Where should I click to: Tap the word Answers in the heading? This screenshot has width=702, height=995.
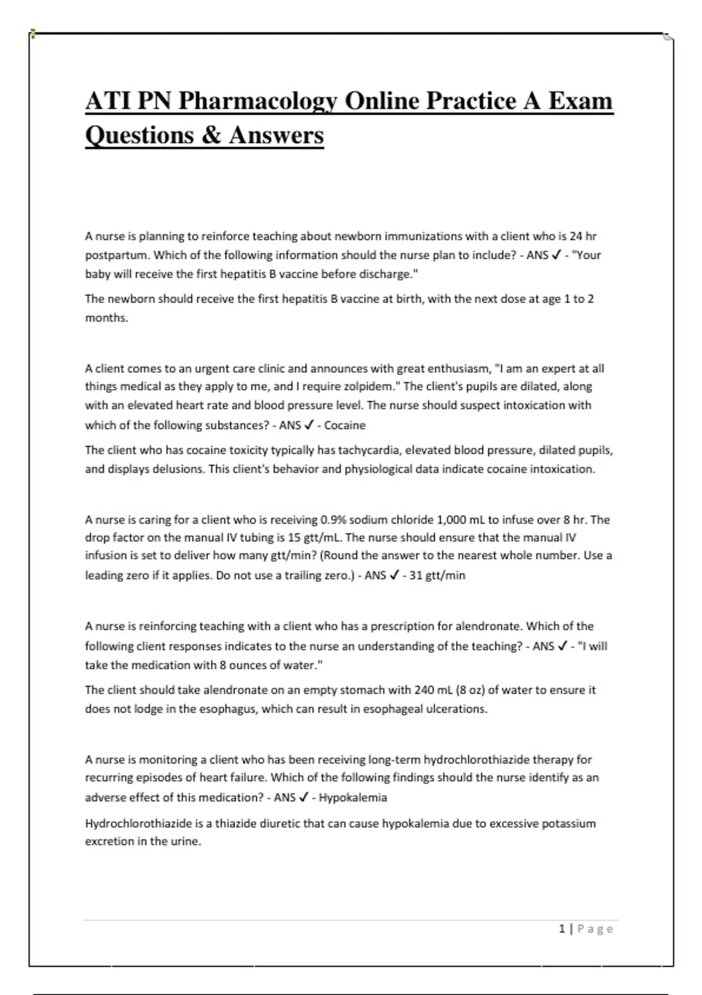(276, 135)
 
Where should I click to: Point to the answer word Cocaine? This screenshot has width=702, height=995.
(345, 426)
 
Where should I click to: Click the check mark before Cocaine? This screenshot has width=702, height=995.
(309, 425)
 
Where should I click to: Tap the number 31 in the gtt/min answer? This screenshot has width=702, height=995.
(416, 575)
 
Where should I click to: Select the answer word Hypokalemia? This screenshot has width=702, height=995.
(353, 798)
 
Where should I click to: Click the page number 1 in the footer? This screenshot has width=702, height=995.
(562, 929)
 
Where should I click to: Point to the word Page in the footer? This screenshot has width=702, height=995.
(596, 929)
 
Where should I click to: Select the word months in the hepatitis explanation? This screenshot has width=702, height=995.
(105, 318)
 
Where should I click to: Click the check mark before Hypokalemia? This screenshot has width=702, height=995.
(304, 797)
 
